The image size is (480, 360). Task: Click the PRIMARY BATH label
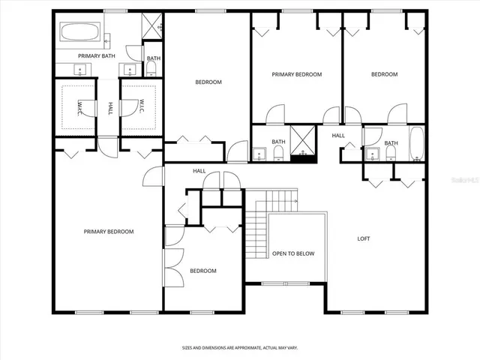tap(95, 56)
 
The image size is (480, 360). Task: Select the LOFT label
tap(363, 238)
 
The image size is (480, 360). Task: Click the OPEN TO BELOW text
tap(293, 253)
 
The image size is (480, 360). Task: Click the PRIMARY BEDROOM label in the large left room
tap(108, 232)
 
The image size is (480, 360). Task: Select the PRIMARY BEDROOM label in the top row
tap(296, 74)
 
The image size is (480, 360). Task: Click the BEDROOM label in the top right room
tap(384, 74)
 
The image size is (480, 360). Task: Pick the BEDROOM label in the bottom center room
tap(202, 271)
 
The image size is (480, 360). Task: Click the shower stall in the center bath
tap(302, 142)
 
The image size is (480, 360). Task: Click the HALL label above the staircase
tap(199, 171)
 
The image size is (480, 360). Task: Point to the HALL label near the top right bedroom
tap(338, 136)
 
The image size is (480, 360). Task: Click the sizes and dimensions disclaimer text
tap(239, 348)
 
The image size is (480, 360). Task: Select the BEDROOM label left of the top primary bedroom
tap(208, 82)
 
